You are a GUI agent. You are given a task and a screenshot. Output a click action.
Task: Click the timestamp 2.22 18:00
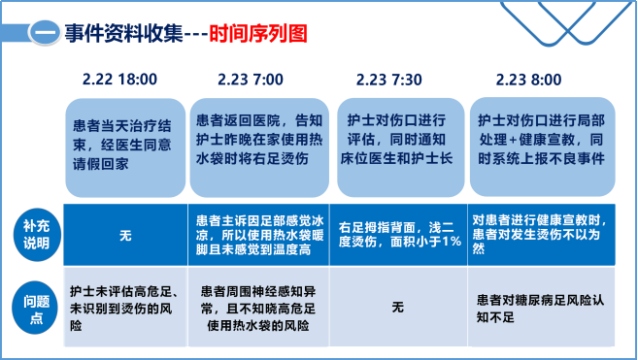tap(120, 79)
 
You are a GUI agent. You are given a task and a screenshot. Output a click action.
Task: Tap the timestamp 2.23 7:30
tap(389, 79)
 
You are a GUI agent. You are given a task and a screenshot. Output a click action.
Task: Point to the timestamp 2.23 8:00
tap(529, 79)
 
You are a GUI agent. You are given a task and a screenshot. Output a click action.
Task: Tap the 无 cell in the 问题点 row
tap(396, 307)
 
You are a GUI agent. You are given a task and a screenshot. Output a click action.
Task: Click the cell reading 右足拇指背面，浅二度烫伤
tap(398, 235)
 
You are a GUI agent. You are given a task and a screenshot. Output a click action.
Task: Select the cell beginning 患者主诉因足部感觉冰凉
tap(256, 235)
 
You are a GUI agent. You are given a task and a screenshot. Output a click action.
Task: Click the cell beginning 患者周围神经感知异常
tap(256, 307)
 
